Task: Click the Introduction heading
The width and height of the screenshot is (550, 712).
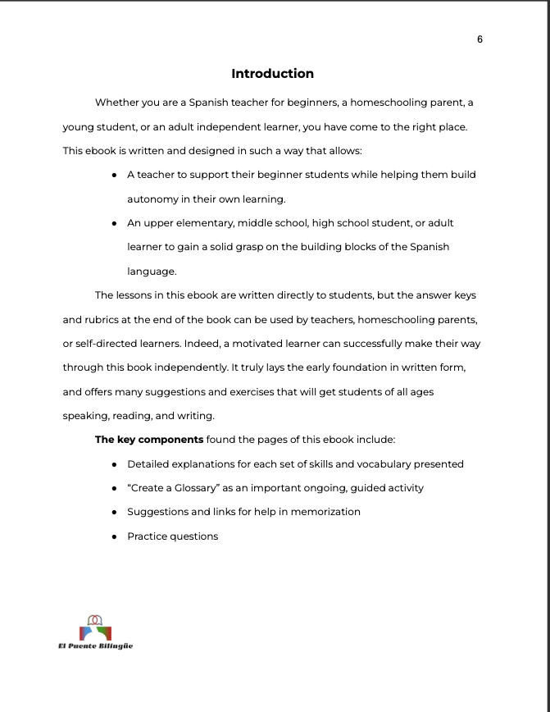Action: [x=272, y=74]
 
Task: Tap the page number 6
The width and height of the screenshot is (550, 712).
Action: [x=480, y=39]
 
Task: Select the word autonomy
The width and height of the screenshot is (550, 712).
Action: [x=152, y=199]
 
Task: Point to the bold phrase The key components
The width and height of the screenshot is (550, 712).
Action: [x=149, y=440]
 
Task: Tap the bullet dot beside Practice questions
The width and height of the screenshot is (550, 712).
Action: [x=114, y=536]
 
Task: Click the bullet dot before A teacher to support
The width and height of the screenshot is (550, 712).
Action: [x=114, y=175]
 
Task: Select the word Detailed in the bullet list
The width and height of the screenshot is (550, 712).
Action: [x=148, y=463]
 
